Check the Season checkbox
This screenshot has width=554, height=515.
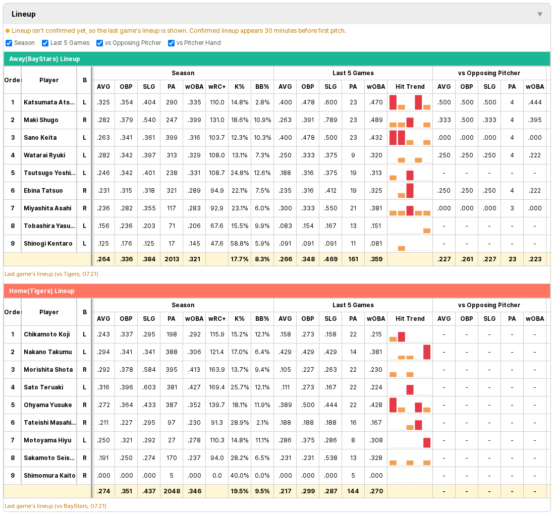coord(9,43)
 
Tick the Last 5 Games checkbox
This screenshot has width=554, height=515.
coord(45,43)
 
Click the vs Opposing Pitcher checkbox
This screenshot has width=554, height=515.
coord(99,43)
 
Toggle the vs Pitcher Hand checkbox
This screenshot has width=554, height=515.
coord(172,43)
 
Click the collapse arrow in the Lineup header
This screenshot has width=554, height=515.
coord(540,14)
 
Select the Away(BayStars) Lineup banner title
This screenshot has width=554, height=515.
coord(44,59)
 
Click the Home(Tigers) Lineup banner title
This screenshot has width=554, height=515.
coord(42,291)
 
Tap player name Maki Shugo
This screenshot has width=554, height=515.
coord(41,120)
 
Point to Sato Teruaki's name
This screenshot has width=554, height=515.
coord(43,387)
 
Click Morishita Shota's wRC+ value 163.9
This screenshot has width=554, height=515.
coord(217,370)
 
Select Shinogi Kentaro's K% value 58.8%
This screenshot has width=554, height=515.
coord(240,244)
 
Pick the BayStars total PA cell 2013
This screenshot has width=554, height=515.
coord(172,259)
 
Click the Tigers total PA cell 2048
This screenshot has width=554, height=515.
coord(172,491)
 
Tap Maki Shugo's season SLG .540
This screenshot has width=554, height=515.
coord(149,120)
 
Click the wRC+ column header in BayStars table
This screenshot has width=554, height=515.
coord(217,87)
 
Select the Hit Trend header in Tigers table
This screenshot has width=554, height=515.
coord(410,319)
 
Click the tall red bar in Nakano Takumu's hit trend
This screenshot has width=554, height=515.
coord(427,352)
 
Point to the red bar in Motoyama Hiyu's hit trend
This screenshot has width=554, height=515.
coord(427,442)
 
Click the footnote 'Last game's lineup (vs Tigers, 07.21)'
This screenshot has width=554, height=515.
coord(51,274)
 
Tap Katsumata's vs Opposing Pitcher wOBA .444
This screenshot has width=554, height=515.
coord(535,102)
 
